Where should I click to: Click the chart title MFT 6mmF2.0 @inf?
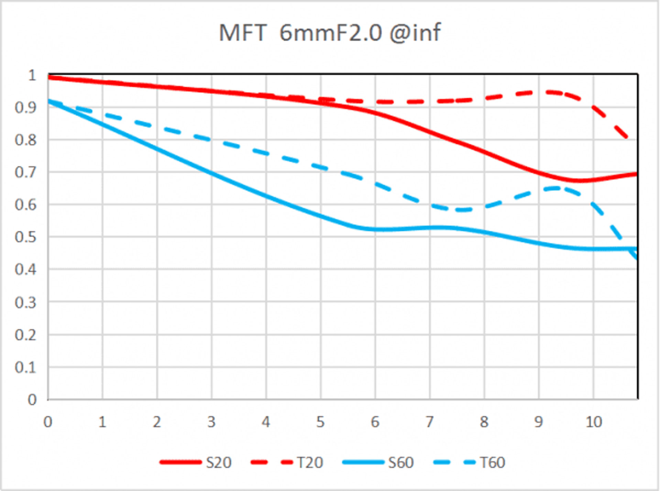(329, 33)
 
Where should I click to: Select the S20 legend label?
(219, 462)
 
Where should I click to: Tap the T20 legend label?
(310, 462)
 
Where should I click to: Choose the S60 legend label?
(401, 462)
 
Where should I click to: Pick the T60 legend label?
(492, 462)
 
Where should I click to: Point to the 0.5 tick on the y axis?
(25, 237)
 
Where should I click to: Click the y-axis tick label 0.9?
(25, 108)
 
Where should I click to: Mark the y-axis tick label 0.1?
(25, 367)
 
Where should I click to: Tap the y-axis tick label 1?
(32, 75)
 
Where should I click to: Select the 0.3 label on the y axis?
(25, 303)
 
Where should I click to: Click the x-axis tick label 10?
(594, 422)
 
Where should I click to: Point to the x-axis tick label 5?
(320, 422)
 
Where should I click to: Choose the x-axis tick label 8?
(484, 422)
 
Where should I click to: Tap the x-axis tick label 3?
(211, 422)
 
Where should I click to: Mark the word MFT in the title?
(242, 33)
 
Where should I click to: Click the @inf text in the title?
(415, 33)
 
